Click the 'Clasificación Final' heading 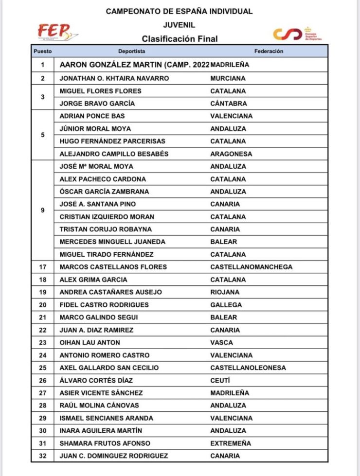(180, 39)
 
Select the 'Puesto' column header (43, 51)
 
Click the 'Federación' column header (269, 51)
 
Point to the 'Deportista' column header (131, 51)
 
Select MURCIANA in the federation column (228, 78)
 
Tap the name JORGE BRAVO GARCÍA (97, 104)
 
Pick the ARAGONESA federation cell (231, 154)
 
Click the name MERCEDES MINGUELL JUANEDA (112, 242)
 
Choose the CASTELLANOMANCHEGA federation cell (251, 267)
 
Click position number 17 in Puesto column (43, 267)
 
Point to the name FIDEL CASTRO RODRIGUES (104, 305)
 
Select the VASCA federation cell (222, 343)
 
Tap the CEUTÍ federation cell (220, 380)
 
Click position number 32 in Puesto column (43, 456)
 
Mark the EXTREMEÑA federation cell (231, 443)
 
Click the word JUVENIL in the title (179, 25)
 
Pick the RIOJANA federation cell (225, 292)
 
